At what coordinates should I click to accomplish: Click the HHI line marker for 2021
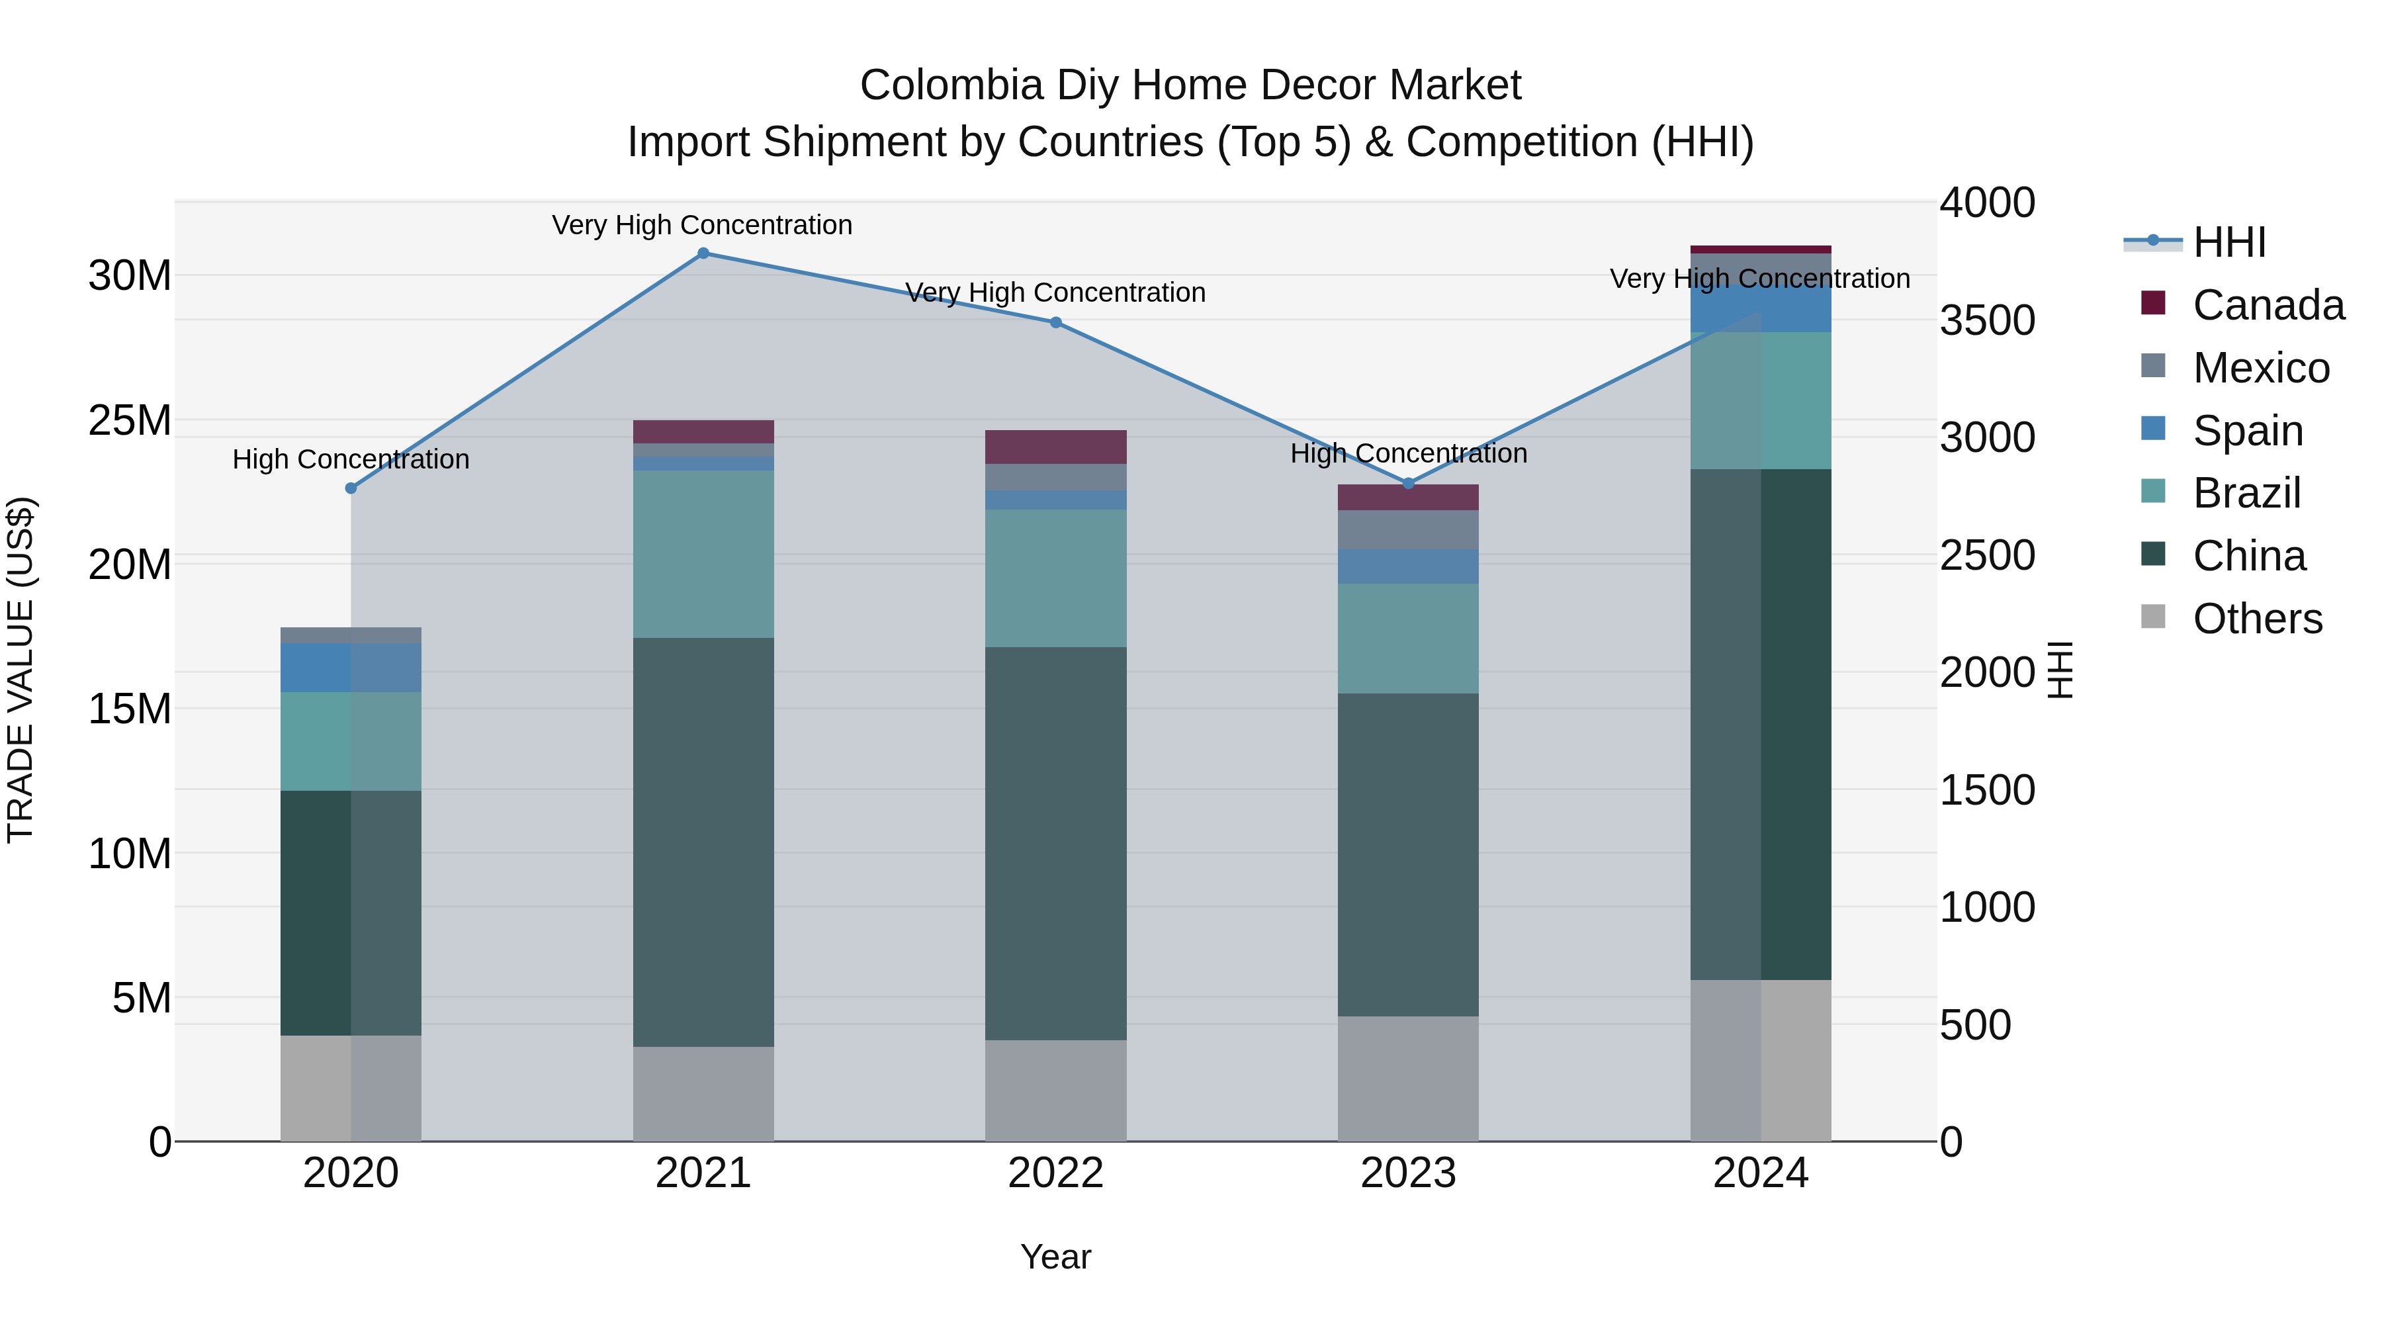[703, 253]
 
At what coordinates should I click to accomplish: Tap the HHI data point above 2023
[1408, 484]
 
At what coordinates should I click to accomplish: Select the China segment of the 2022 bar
[1055, 844]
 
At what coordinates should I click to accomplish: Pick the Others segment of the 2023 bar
[1407, 1079]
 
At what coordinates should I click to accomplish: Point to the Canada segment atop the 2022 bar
[1055, 447]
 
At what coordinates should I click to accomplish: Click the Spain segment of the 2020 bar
[351, 668]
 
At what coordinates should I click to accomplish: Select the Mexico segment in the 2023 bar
[1407, 530]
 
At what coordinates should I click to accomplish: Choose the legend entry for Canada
[2268, 305]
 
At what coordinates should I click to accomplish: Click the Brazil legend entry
[2246, 493]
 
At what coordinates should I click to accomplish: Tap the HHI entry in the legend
[2228, 242]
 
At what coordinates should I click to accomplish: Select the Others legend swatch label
[2256, 619]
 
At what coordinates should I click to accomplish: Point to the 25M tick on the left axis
[130, 421]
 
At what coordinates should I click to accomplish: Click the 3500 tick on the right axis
[1987, 321]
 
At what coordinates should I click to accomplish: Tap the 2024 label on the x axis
[1759, 1173]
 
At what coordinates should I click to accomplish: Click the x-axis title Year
[1055, 1257]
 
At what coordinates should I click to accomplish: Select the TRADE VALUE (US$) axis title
[21, 670]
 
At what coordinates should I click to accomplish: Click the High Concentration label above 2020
[351, 460]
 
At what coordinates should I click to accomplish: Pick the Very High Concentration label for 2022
[1055, 293]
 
